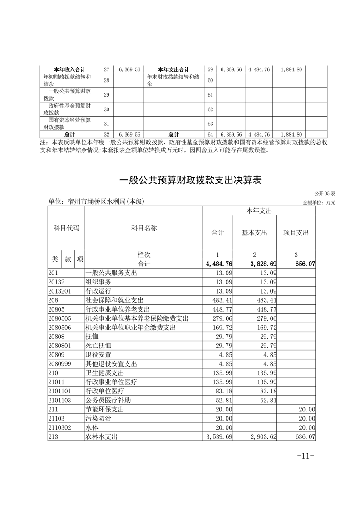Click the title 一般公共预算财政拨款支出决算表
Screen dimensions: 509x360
point(191,180)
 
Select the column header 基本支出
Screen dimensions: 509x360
point(254,233)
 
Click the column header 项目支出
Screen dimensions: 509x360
point(296,233)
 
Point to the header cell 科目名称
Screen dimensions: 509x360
point(143,229)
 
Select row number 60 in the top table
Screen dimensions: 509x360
point(210,80)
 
